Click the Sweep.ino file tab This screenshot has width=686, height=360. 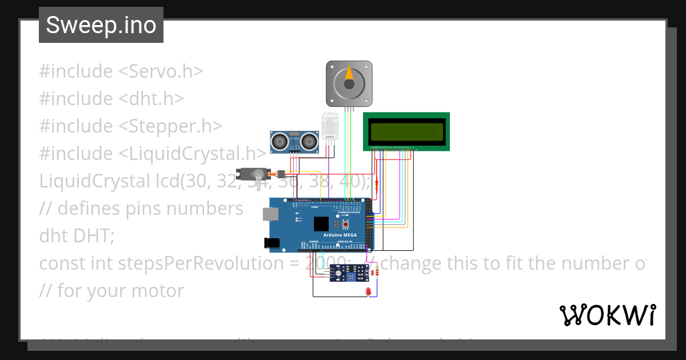[101, 25]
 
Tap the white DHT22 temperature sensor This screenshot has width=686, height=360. [330, 126]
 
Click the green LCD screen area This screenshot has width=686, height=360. [407, 132]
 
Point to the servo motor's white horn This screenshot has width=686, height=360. [261, 179]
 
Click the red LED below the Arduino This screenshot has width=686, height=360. [368, 292]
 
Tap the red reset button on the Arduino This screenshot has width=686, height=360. [346, 224]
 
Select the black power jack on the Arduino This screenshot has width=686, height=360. [273, 242]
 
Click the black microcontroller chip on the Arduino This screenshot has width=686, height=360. [321, 223]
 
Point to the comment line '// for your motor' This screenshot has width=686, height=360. [111, 291]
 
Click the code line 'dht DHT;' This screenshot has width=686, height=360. [77, 236]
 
